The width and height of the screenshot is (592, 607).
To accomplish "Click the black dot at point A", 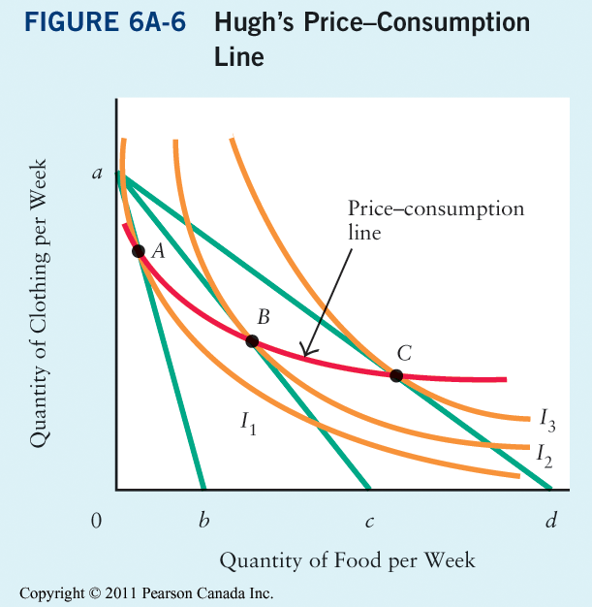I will click(138, 251).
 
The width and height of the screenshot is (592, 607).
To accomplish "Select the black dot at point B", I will click(252, 341).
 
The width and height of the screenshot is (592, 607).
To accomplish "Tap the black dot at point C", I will click(396, 375).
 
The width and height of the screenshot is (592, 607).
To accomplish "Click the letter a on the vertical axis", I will click(96, 174).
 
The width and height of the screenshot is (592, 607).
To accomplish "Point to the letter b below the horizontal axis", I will click(203, 522).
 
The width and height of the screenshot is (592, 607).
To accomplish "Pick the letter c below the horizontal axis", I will click(369, 523).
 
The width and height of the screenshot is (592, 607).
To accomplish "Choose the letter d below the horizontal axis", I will click(550, 522).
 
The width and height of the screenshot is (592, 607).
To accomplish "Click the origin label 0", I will click(96, 522).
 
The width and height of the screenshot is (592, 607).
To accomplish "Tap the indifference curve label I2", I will click(544, 454).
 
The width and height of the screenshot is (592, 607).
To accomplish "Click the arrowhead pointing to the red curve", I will click(303, 352).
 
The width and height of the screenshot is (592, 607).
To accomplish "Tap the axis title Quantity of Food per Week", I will click(347, 560).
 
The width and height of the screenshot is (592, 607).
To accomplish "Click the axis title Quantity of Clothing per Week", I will click(40, 315).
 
